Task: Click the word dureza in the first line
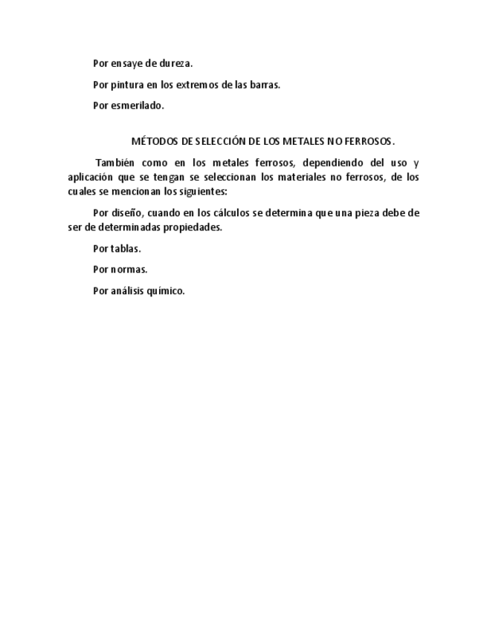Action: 175,64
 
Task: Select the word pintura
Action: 127,85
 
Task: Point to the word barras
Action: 265,85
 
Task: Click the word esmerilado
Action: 138,105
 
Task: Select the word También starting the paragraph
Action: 114,163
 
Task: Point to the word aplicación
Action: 89,177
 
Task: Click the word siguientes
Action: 201,191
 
